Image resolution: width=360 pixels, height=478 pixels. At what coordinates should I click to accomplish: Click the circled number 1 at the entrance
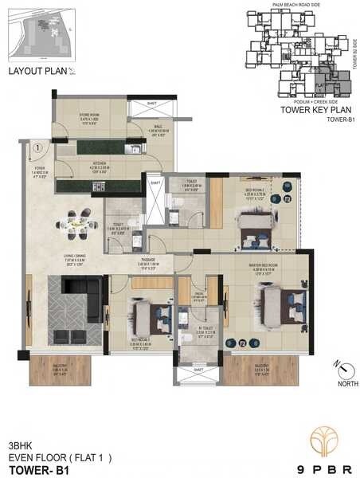tap(37, 147)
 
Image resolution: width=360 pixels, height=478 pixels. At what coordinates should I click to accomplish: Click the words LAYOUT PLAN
tap(35, 72)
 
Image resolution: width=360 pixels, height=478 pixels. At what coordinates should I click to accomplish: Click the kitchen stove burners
tap(99, 186)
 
